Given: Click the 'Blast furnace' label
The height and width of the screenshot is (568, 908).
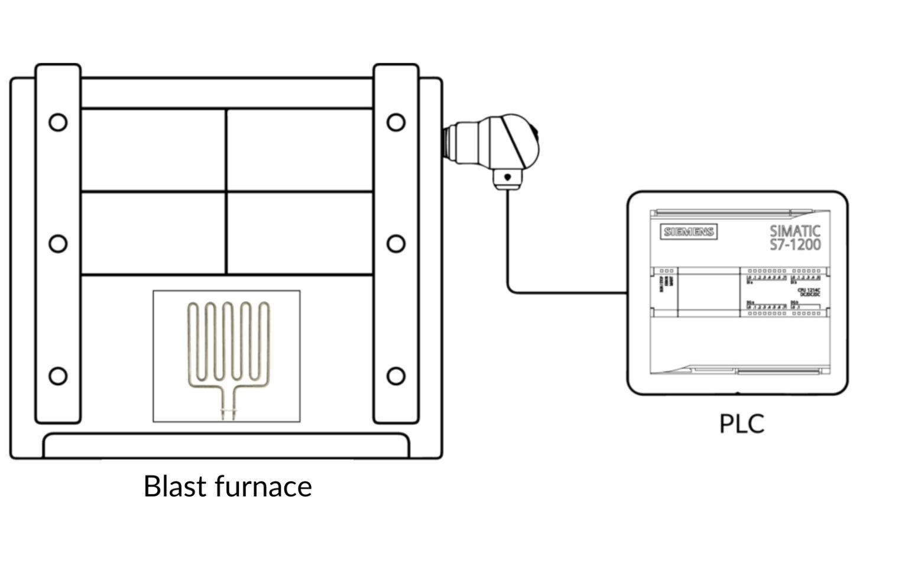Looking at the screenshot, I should [x=228, y=486].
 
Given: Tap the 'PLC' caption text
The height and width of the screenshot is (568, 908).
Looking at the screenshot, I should [x=741, y=424].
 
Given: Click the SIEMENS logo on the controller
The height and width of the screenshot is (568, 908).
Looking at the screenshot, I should [x=689, y=232].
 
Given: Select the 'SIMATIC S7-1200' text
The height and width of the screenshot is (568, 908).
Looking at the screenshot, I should [x=794, y=237].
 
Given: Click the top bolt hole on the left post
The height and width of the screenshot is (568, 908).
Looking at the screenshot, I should [x=58, y=122].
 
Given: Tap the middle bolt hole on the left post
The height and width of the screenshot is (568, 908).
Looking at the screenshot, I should [x=58, y=244].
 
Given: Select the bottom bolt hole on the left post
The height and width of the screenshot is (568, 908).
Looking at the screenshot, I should [x=58, y=376].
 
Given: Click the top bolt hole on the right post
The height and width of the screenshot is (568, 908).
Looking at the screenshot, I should [x=396, y=122].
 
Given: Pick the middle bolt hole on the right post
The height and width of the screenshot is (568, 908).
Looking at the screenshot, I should [x=396, y=244].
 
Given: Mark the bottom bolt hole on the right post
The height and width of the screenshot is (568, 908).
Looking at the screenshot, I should [x=396, y=376].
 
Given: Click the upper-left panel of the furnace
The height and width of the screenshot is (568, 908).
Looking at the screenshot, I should [x=153, y=150].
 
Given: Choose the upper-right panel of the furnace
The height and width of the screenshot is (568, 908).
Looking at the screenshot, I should [x=300, y=150].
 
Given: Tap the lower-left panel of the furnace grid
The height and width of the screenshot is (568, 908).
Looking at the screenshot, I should [x=153, y=233].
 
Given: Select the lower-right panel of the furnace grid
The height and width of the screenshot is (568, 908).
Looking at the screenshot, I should [x=300, y=233].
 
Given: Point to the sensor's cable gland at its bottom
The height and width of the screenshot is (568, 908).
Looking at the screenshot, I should [x=507, y=180].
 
